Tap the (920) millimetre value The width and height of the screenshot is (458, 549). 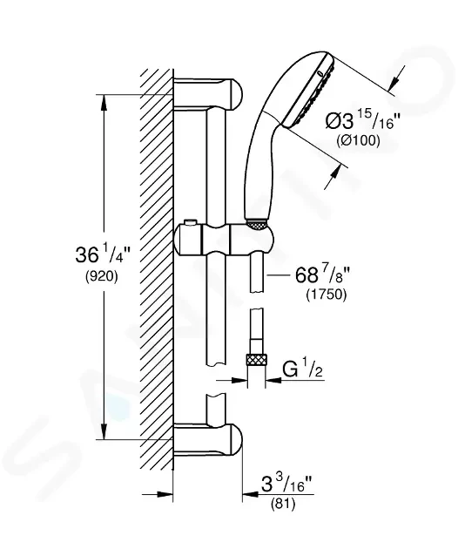click(x=102, y=276)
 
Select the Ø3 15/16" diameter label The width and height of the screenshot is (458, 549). click(x=362, y=121)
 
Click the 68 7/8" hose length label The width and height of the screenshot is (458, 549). click(x=322, y=274)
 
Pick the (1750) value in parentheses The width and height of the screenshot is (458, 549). click(x=327, y=295)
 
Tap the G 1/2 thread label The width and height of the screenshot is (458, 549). click(x=302, y=369)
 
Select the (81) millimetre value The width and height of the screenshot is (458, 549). click(x=283, y=504)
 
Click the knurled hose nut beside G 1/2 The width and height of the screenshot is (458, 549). click(x=257, y=360)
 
